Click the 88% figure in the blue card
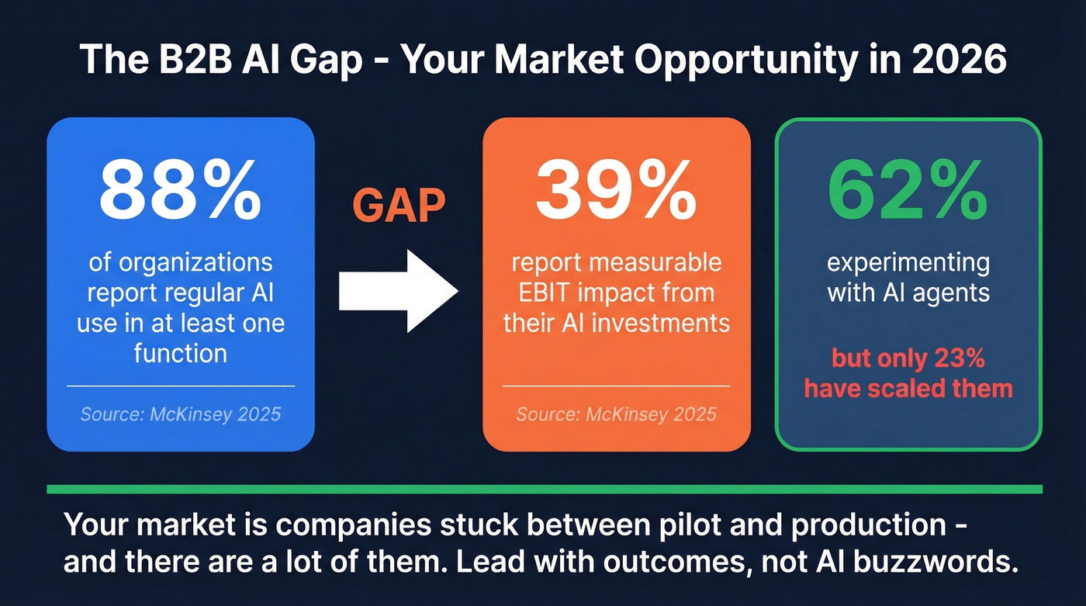point(180,191)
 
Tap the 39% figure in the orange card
point(616,191)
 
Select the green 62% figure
point(908,191)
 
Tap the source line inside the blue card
point(180,414)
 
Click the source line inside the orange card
point(616,414)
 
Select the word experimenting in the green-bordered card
point(908,262)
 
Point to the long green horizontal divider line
point(544,489)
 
